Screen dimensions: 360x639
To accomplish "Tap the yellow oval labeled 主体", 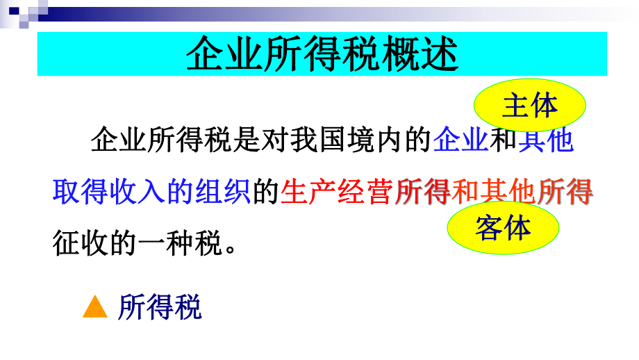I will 529,106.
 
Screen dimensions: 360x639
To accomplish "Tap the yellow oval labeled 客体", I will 502,227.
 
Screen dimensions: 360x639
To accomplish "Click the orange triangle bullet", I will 95,307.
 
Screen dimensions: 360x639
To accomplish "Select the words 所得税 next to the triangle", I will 160,307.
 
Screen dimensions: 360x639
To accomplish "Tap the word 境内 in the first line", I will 376,141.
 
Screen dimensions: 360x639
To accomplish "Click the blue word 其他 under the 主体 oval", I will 546,141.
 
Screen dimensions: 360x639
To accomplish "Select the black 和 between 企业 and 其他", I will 504,141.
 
